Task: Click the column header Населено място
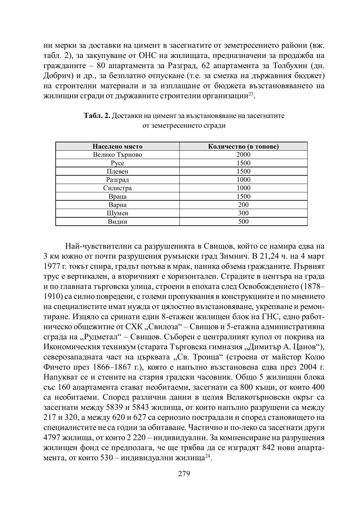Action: pyautogui.click(x=117, y=147)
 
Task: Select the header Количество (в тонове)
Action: pyautogui.click(x=243, y=147)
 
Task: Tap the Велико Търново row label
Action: pyautogui.click(x=117, y=155)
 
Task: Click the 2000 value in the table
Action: pyautogui.click(x=243, y=155)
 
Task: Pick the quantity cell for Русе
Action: pyautogui.click(x=243, y=163)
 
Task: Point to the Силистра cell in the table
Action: pyautogui.click(x=117, y=188)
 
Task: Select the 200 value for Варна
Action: pyautogui.click(x=243, y=205)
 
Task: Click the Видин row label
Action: pyautogui.click(x=117, y=222)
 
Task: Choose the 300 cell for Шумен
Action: pyautogui.click(x=243, y=213)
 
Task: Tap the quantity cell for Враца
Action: pyautogui.click(x=243, y=196)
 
